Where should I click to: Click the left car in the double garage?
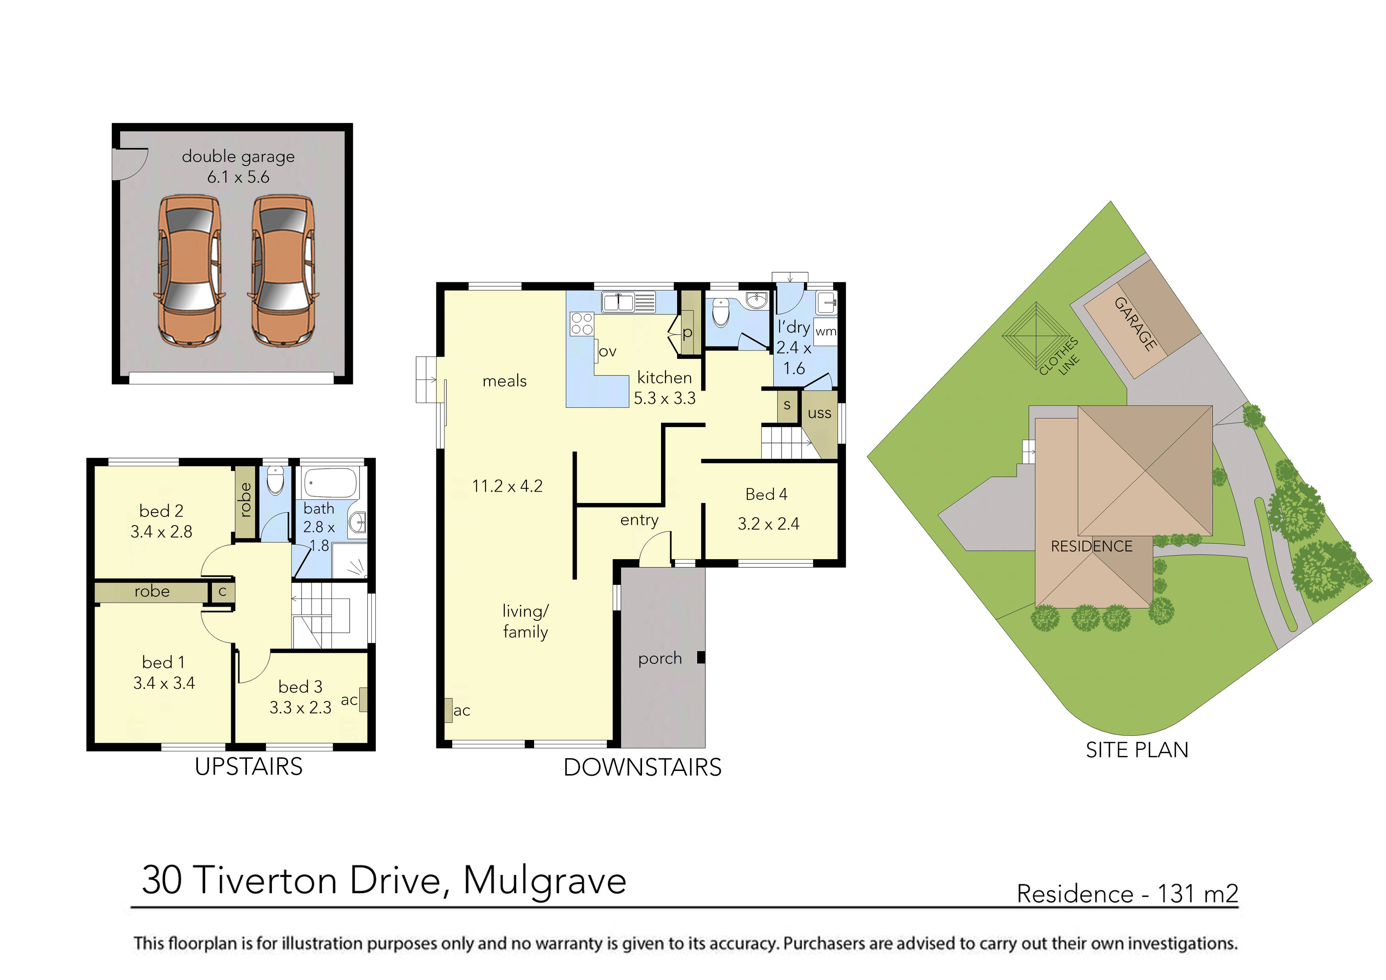[189, 271]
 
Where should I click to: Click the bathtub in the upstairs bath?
[330, 483]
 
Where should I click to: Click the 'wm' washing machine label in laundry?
[825, 332]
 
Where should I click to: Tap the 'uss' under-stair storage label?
[819, 414]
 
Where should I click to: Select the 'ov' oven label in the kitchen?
[607, 351]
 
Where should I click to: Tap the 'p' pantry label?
[687, 333]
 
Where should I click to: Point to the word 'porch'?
[660, 659]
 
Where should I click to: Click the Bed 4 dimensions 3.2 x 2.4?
[768, 524]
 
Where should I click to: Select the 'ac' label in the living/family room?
[462, 710]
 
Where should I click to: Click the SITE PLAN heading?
[1137, 750]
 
